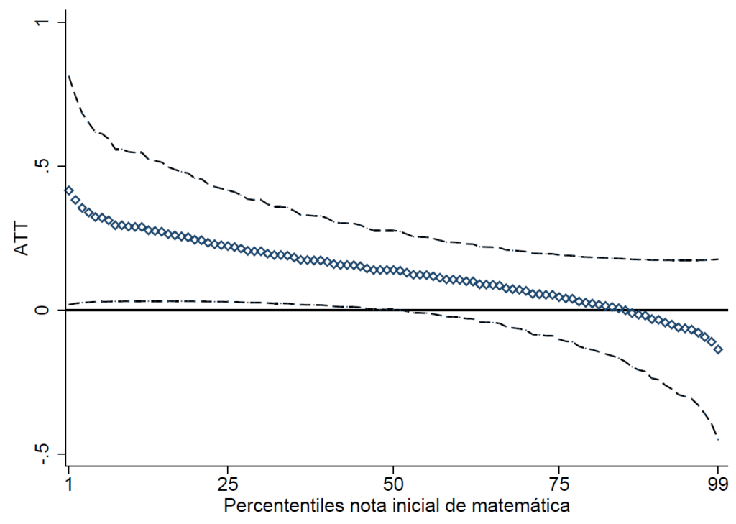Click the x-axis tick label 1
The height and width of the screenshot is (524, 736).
(69, 482)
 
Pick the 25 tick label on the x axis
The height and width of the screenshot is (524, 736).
(228, 482)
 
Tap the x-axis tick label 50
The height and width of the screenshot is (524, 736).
(393, 482)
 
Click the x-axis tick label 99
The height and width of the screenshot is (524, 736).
(718, 482)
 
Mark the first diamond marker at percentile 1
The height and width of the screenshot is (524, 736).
(69, 190)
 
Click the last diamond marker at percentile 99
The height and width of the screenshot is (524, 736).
(718, 349)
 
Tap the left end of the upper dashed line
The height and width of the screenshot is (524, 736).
(68, 75)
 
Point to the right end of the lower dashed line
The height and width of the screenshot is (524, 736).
(718, 438)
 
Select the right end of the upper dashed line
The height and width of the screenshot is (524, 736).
(718, 259)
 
